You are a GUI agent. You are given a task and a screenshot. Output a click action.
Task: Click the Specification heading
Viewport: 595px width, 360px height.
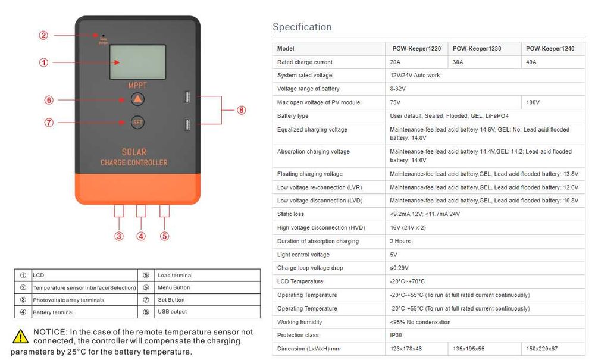coord(302,27)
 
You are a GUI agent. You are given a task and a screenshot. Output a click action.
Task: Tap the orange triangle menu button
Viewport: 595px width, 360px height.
coord(137,99)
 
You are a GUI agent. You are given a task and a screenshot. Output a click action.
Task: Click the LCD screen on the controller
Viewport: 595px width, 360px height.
coord(137,62)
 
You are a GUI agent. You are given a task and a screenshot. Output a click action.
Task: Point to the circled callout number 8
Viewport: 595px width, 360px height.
coord(241,110)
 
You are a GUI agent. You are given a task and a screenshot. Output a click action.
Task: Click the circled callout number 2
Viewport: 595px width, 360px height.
coord(43,35)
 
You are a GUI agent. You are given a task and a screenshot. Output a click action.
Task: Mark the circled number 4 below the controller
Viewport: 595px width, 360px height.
coord(141,236)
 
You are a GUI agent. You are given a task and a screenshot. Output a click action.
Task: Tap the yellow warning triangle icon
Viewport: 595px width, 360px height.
coord(21,336)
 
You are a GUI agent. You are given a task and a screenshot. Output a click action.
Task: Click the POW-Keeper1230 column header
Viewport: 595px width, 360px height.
coord(477,49)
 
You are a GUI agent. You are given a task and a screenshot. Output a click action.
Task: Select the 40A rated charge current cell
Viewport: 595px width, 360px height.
coord(531,62)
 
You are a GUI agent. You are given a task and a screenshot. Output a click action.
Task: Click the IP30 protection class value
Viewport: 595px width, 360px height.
coord(397,335)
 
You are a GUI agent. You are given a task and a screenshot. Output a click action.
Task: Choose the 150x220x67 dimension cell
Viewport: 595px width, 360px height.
coord(541,348)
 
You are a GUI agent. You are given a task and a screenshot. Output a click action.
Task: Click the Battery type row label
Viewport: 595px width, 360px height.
coord(293,116)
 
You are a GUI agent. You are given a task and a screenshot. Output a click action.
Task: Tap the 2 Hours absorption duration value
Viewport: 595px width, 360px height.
coord(400,241)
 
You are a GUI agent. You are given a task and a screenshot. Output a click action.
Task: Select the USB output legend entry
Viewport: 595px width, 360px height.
coord(172,312)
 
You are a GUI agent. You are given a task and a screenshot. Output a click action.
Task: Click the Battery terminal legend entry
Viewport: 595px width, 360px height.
coord(54,312)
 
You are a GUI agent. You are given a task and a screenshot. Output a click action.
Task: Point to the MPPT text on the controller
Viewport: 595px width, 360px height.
coord(137,86)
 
